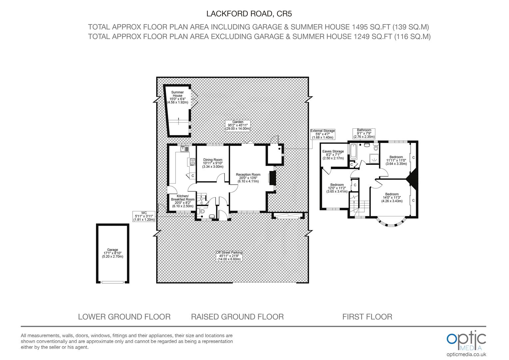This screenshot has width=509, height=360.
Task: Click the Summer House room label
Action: point(178,97)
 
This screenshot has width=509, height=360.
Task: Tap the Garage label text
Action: point(113,253)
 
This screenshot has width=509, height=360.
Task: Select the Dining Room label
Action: point(213,163)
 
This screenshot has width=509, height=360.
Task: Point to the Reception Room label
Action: point(248,178)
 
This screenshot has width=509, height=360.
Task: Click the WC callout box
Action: point(144,216)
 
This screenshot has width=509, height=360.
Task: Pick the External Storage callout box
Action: point(323,134)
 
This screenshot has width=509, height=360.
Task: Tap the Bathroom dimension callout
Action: point(364,133)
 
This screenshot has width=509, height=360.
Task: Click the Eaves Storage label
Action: point(333,155)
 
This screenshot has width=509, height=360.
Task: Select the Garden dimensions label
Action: point(238,125)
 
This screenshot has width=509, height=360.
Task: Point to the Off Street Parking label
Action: point(229,256)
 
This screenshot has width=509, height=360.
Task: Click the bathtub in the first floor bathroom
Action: point(353,151)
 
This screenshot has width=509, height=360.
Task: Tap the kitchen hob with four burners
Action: point(193,162)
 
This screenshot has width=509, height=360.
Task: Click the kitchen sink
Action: point(185,149)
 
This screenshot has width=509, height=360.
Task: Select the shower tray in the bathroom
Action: point(374,159)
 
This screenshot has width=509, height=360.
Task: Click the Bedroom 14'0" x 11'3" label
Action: point(392,197)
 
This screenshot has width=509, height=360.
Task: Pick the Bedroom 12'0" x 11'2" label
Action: point(337,188)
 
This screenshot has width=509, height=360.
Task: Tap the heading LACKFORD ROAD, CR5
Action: point(249,14)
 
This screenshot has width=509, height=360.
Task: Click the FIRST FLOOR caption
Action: point(367,317)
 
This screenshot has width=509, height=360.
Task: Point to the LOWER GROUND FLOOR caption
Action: point(124,317)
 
